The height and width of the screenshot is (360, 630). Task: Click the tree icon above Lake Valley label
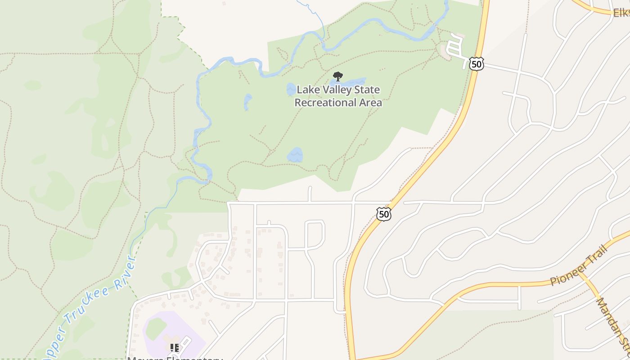pyautogui.click(x=337, y=76)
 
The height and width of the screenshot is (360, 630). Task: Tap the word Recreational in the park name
pyautogui.click(x=323, y=103)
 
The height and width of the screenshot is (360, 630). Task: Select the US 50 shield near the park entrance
pyautogui.click(x=476, y=64)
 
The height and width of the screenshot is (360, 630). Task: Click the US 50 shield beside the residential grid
pyautogui.click(x=384, y=214)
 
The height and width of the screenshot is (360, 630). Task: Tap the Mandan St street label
pyautogui.click(x=613, y=324)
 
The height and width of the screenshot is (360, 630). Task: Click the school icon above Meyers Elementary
pyautogui.click(x=174, y=348)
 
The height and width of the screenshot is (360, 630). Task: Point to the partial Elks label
pyautogui.click(x=621, y=13)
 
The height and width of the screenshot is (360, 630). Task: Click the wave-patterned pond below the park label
pyautogui.click(x=295, y=155)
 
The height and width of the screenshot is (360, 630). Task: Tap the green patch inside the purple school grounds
pyautogui.click(x=156, y=328)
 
